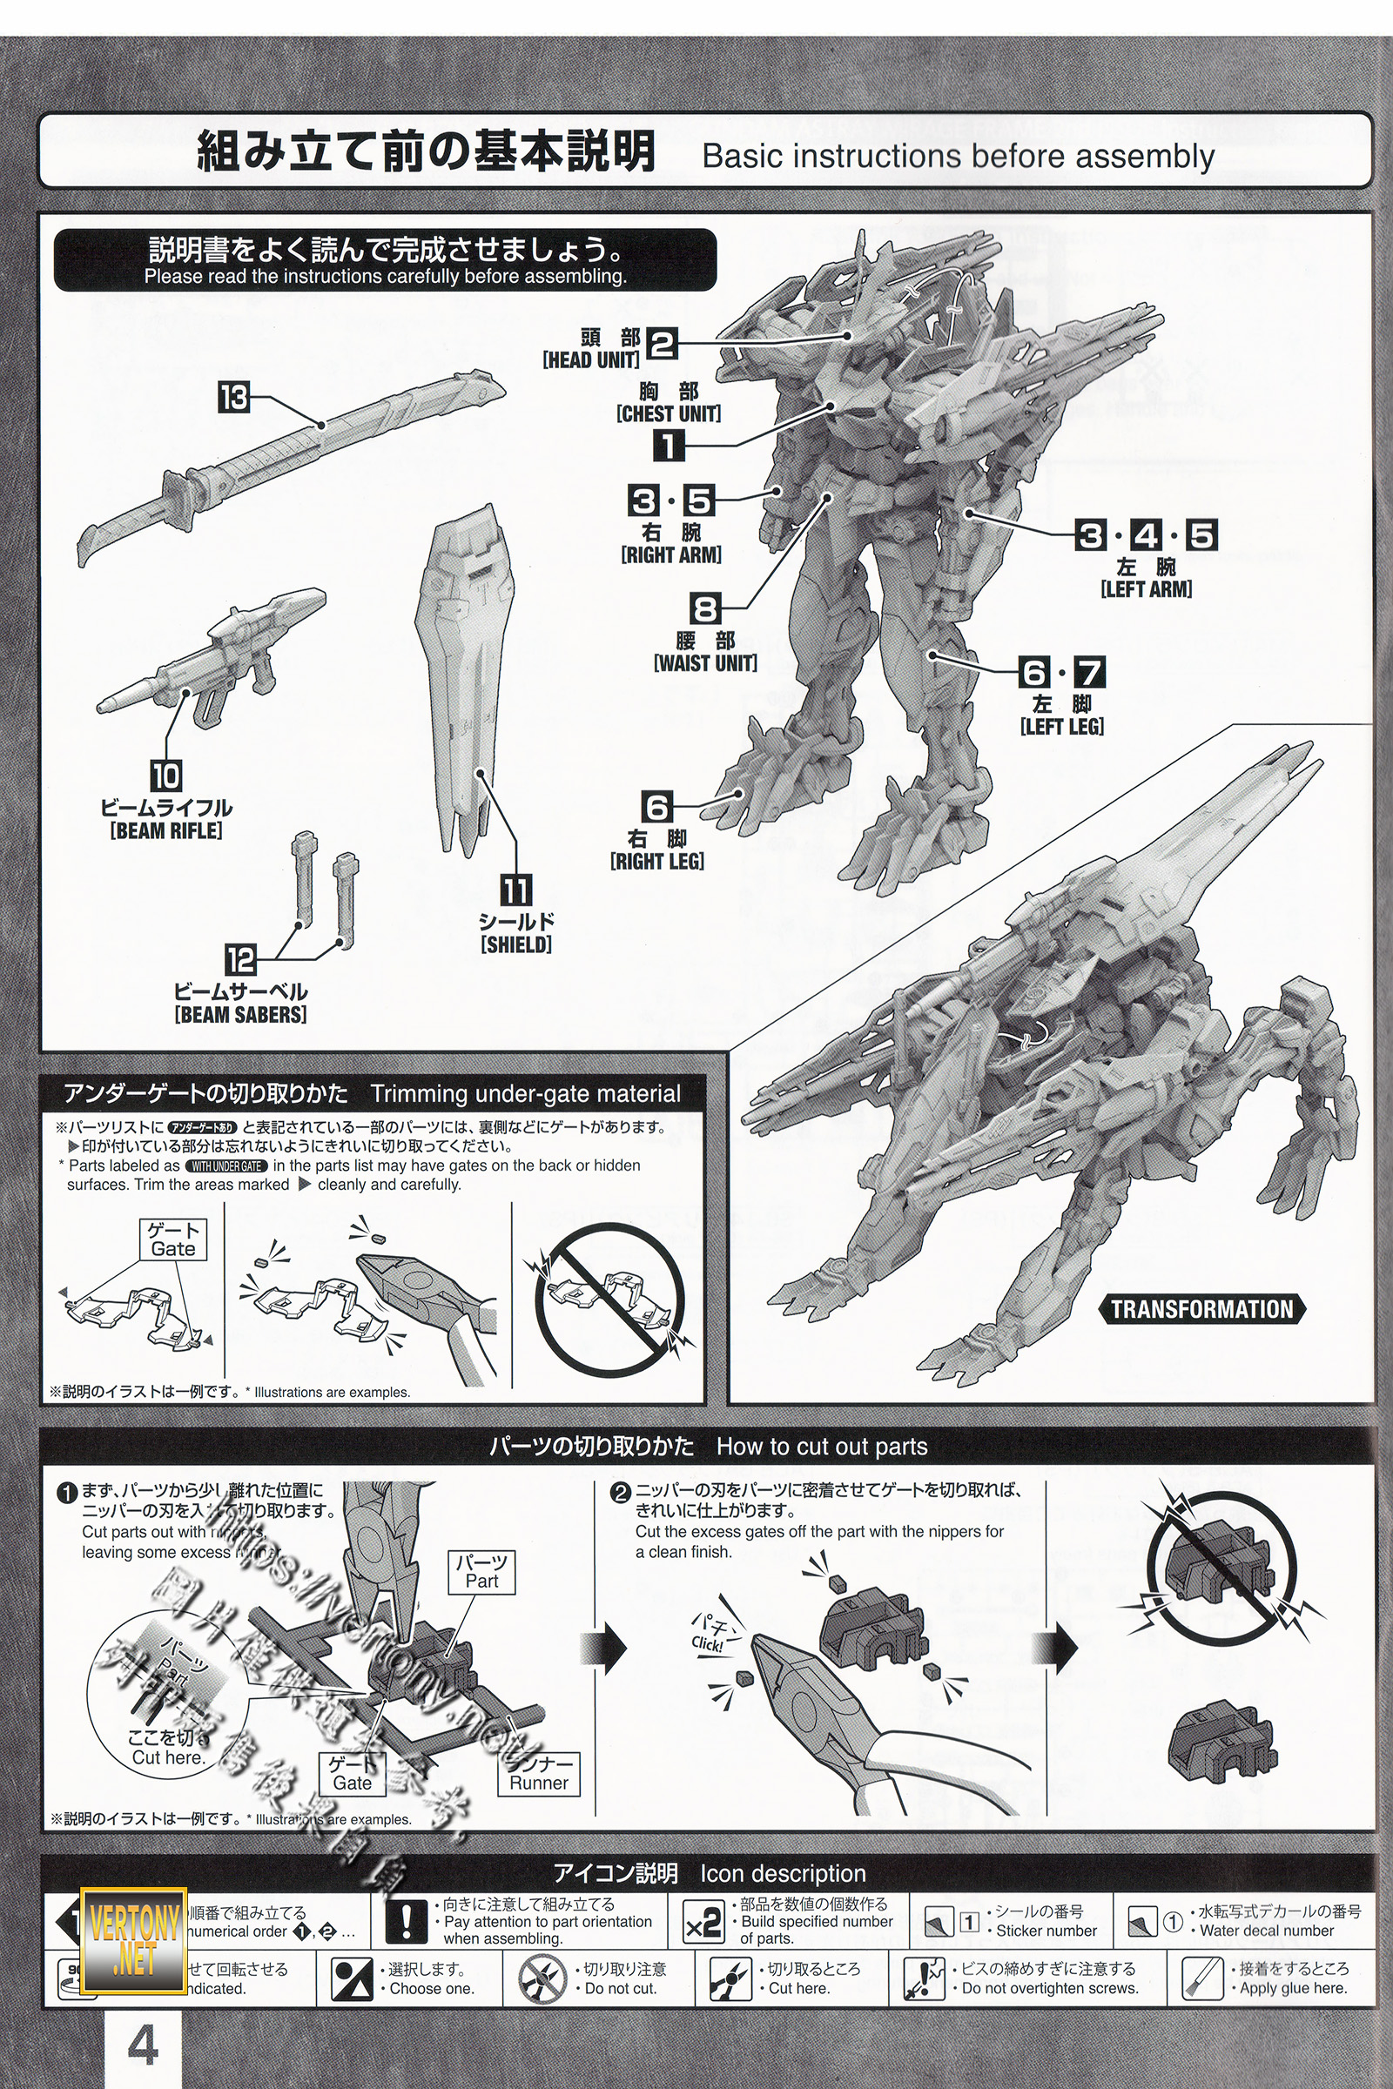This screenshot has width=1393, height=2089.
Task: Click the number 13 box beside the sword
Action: tap(233, 397)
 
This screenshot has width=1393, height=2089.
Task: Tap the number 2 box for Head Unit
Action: tap(662, 343)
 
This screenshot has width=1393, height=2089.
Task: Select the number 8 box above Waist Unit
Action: tap(705, 609)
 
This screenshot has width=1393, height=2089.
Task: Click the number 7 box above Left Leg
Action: tap(1090, 672)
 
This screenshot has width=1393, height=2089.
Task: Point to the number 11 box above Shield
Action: tap(515, 889)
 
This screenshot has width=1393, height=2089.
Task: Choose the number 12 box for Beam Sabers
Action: tap(240, 960)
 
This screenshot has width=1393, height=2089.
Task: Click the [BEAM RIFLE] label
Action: tap(166, 830)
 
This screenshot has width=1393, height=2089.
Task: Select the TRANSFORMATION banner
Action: tap(1202, 1308)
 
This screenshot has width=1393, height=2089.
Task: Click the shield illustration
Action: tap(464, 675)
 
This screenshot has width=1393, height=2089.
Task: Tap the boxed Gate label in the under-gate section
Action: tap(173, 1239)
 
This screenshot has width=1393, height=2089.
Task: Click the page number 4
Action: tap(143, 2045)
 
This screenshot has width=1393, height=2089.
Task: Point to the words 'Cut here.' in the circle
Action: tap(168, 1757)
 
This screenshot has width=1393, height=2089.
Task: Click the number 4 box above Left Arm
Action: tap(1146, 535)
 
